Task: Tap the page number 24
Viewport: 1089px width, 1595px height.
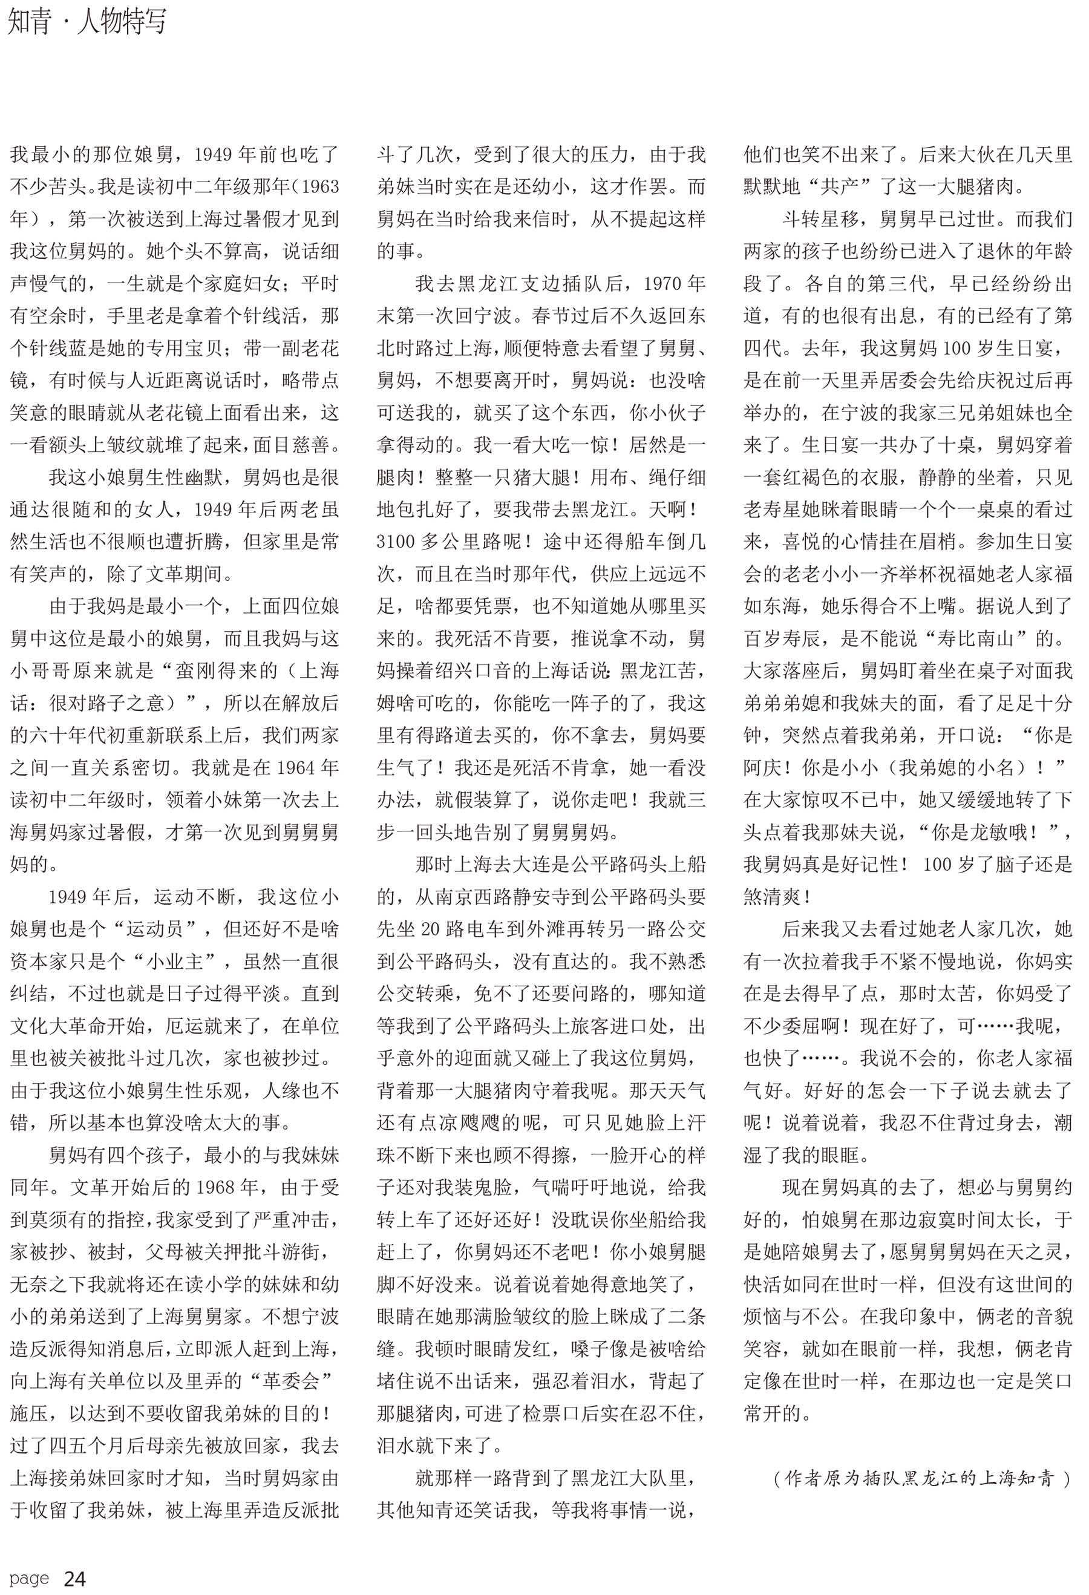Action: point(75,1579)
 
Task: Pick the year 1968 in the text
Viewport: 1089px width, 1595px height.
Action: point(220,1187)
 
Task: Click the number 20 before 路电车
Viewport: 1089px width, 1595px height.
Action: point(430,929)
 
